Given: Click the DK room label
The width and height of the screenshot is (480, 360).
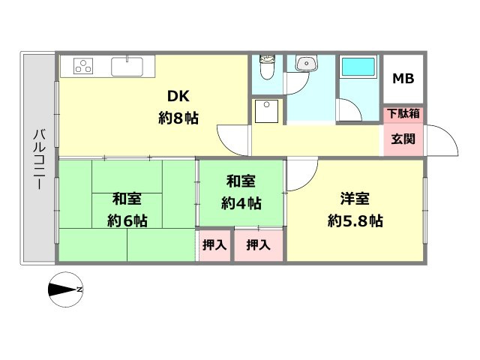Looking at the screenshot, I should [x=178, y=96].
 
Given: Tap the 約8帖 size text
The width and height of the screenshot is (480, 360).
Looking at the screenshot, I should [x=178, y=117].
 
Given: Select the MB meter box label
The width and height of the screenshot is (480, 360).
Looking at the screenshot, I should [x=403, y=79].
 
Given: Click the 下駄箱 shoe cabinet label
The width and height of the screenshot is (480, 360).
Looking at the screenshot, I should [x=403, y=114].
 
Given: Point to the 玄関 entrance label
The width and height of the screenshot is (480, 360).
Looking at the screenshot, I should [x=403, y=139].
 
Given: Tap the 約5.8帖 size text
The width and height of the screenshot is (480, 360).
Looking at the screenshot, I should [x=355, y=221].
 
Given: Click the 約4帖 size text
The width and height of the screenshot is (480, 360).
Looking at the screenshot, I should [x=241, y=202].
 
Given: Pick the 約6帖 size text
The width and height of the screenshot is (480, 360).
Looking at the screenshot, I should [x=127, y=220].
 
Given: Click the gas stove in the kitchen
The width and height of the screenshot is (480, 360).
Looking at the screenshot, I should [x=83, y=66].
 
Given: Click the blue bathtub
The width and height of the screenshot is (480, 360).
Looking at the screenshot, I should [x=358, y=67].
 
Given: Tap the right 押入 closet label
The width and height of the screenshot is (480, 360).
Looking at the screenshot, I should [x=259, y=244].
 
